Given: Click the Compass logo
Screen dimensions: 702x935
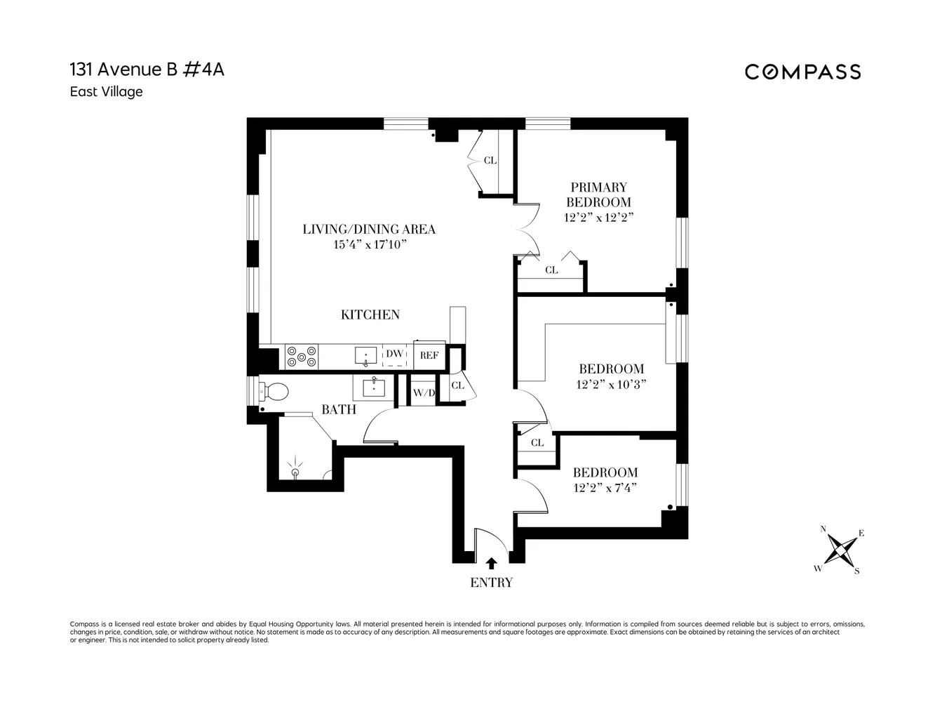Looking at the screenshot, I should [x=802, y=72].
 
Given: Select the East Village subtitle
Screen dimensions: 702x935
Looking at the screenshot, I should [x=106, y=92].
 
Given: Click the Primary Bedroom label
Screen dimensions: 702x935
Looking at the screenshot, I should [x=598, y=194].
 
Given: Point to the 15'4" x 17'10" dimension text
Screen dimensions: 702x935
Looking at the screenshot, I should [x=370, y=244].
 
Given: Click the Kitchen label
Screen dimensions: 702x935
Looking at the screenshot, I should [x=370, y=314].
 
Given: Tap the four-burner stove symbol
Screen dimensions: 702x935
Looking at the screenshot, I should [x=302, y=357].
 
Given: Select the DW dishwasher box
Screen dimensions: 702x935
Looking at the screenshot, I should [x=395, y=355].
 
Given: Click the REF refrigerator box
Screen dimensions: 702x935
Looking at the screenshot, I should [x=429, y=355].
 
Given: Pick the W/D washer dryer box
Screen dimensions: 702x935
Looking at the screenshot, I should [x=423, y=393].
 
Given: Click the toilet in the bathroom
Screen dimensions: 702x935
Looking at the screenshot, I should [x=274, y=392].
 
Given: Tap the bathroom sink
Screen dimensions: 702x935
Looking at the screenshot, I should [x=374, y=385].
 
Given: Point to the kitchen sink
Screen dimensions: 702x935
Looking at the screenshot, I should [x=365, y=356].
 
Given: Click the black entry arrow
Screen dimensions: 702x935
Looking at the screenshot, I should [x=491, y=563].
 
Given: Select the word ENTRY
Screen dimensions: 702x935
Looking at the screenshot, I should [x=491, y=583].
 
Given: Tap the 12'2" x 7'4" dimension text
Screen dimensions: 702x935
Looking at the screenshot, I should [x=605, y=488].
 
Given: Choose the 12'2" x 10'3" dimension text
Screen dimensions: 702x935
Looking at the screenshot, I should [x=611, y=384].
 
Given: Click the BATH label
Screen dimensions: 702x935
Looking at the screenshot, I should [x=339, y=409].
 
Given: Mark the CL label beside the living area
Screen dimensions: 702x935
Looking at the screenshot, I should [x=490, y=160].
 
